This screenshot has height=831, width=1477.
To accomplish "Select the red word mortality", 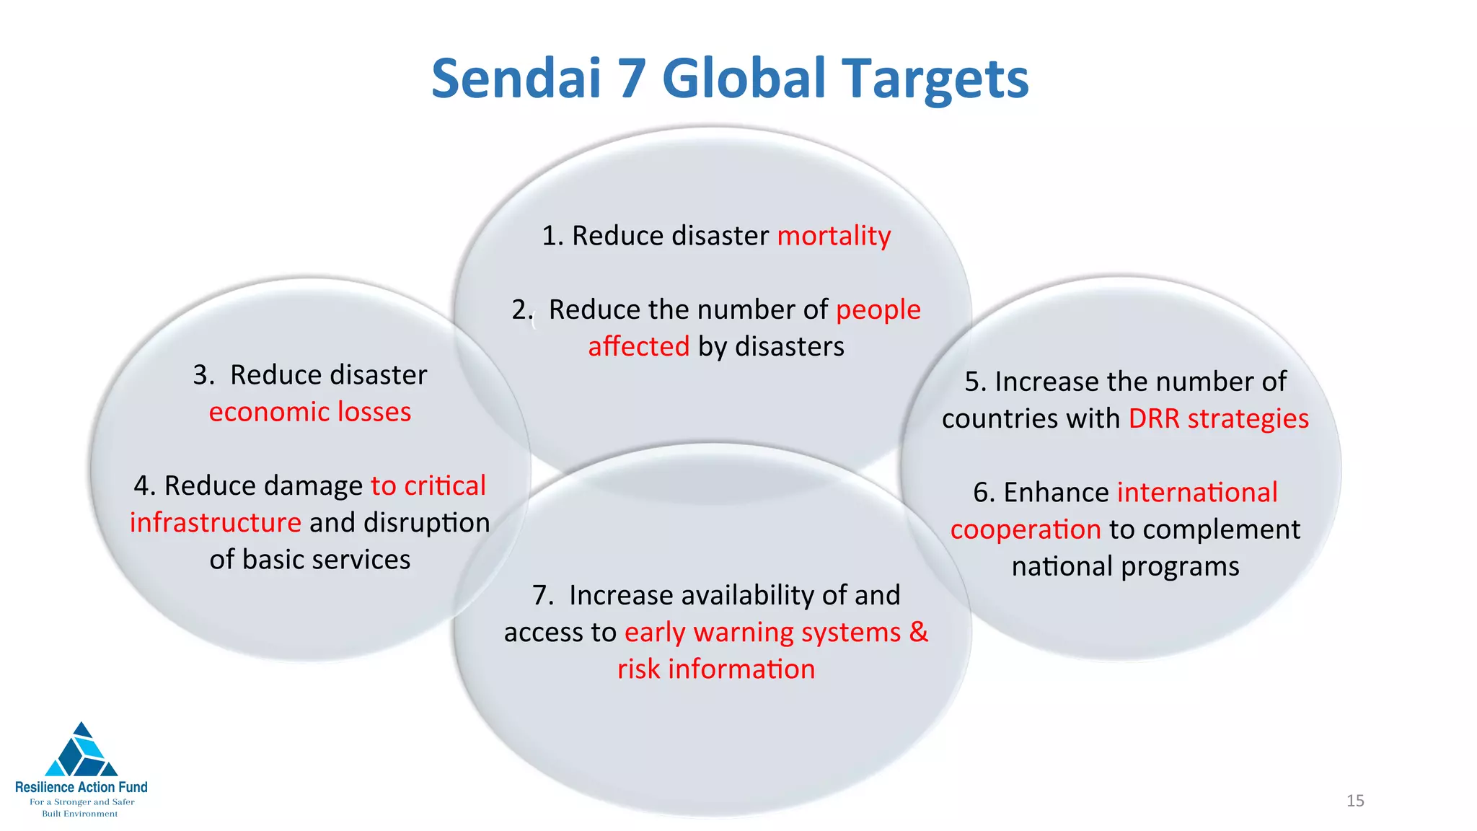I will tap(834, 236).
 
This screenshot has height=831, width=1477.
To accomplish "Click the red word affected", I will tap(638, 347).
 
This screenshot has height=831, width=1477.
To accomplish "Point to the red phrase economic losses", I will tap(310, 412).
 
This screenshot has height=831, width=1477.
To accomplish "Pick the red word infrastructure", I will tap(215, 522).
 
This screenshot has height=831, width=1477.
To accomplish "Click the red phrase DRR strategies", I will tap(1218, 418).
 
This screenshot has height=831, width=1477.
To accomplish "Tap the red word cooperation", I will tap(1025, 529).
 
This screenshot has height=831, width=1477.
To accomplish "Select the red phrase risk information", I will tap(716, 669).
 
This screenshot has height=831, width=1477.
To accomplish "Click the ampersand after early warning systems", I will tap(919, 632).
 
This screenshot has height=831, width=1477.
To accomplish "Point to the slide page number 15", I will tap(1355, 801).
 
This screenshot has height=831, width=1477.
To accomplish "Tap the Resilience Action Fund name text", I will tap(81, 787).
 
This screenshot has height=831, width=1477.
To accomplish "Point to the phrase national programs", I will tap(1125, 566).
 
